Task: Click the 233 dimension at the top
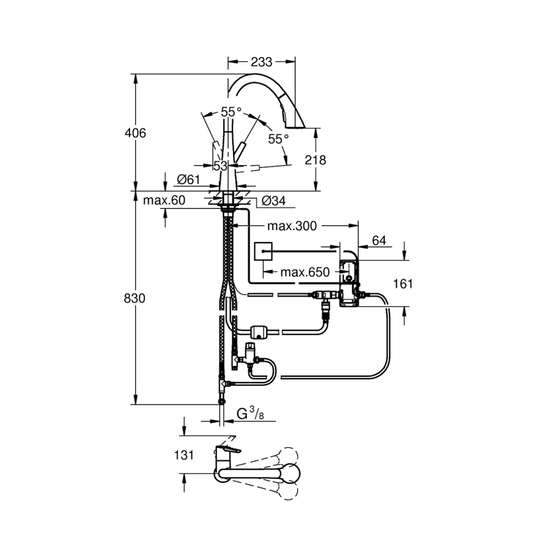pos(261,61)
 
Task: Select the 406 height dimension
pos(135,133)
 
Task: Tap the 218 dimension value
pos(316,160)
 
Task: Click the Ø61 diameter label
pos(188,179)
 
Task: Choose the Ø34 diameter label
pos(274,201)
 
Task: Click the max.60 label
pos(164,201)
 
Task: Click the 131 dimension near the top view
pos(184,455)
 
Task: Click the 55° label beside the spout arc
pos(278,139)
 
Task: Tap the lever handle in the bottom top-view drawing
pos(229,450)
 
